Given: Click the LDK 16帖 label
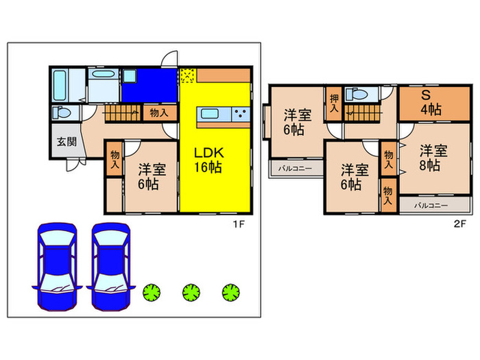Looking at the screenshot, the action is (x=208, y=160).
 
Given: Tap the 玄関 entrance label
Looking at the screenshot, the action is (x=67, y=142).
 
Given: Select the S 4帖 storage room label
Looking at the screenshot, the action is (x=431, y=103).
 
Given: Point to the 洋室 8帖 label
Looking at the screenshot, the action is (x=433, y=158).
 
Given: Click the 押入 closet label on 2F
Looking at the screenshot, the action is (x=334, y=103).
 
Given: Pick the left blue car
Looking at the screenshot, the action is (x=57, y=267).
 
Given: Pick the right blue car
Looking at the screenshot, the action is (x=111, y=267).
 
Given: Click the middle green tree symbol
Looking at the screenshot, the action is (x=191, y=292).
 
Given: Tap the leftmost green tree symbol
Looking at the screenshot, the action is (x=152, y=292).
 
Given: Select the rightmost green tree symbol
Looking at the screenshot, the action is (x=231, y=292).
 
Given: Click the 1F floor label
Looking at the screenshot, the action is (x=239, y=224).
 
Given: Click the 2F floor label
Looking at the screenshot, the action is (x=459, y=224).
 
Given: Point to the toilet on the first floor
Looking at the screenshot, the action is (x=62, y=112).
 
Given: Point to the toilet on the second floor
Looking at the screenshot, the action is (x=357, y=94).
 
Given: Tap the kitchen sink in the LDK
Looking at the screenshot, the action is (x=210, y=115).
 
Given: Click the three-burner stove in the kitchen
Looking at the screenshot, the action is (x=241, y=115).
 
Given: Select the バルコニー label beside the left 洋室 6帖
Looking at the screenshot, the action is (x=295, y=169).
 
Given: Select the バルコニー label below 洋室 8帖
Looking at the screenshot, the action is (x=431, y=206).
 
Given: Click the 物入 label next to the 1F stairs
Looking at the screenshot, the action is (x=159, y=113).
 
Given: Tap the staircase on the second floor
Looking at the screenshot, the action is (x=363, y=113).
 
